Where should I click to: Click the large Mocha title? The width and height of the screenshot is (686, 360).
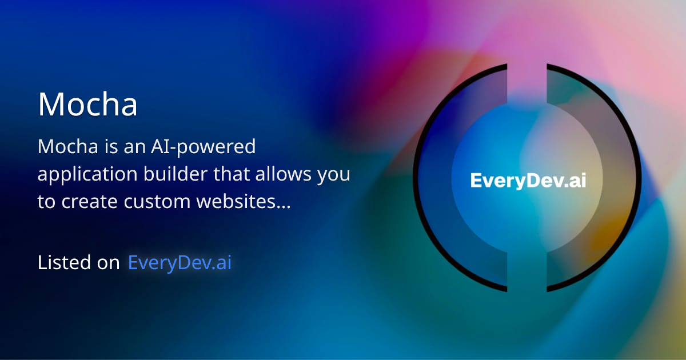[87, 105]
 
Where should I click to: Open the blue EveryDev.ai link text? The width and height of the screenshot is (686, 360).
[180, 262]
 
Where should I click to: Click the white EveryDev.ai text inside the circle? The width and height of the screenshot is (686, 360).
[528, 181]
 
